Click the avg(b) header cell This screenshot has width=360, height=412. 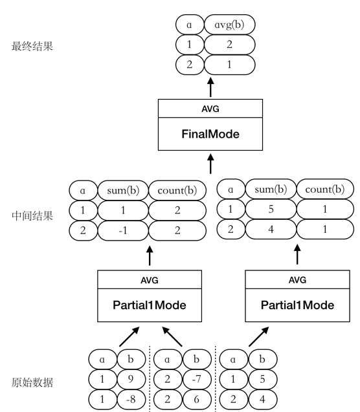pyautogui.click(x=229, y=25)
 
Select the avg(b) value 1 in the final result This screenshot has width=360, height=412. pyautogui.click(x=229, y=67)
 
